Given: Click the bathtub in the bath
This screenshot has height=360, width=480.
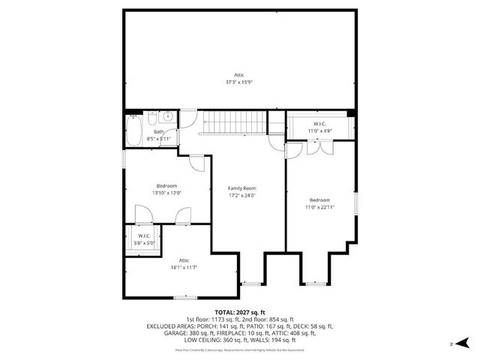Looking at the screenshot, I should point(134,131).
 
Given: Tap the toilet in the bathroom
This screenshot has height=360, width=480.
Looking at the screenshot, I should point(152,119).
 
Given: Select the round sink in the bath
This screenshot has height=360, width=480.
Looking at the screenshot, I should point(168,118).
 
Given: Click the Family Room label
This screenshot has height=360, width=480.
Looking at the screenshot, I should point(242,187).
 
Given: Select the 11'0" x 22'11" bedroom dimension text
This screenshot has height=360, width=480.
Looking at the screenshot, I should point(319,207).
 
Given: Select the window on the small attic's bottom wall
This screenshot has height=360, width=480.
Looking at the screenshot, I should point(185,298).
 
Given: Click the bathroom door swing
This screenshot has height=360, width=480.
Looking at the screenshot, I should point(187,120).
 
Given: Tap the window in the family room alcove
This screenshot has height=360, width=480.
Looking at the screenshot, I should point(250,283).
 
